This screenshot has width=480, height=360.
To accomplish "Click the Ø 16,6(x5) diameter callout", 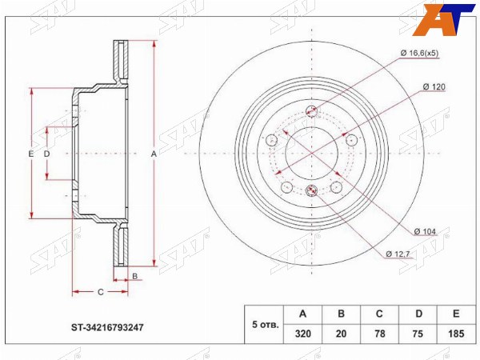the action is point(419,54).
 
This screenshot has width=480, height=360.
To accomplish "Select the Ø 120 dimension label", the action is point(434,87).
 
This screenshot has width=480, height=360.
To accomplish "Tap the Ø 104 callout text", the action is point(425,232).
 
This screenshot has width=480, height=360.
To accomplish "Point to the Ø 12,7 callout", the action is point(398,254).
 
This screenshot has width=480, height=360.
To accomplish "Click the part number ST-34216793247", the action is point(107,327).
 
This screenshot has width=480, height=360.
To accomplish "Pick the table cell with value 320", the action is point(302,334).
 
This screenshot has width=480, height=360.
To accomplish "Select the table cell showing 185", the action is point(456,334).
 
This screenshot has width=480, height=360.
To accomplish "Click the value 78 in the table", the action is point(379,334).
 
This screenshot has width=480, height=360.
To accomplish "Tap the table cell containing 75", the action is point(418,334).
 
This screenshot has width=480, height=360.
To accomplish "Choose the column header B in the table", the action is point(341,314).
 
